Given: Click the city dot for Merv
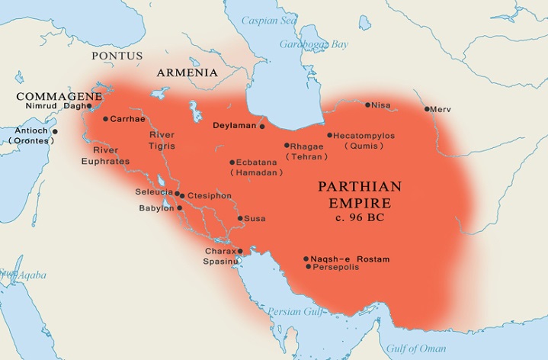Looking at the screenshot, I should (x=428, y=109).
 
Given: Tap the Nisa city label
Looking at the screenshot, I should (x=381, y=105).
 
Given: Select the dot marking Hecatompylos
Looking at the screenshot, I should (x=329, y=136).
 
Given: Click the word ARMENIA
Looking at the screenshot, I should (x=187, y=73).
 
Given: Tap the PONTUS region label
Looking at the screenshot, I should (x=117, y=56).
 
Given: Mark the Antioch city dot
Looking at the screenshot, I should (x=55, y=131).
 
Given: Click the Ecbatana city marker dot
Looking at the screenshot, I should (x=232, y=162).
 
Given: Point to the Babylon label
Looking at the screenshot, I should (x=155, y=208).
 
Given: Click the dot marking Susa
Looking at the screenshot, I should (x=239, y=219).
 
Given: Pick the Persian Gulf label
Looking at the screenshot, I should (x=293, y=312).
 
